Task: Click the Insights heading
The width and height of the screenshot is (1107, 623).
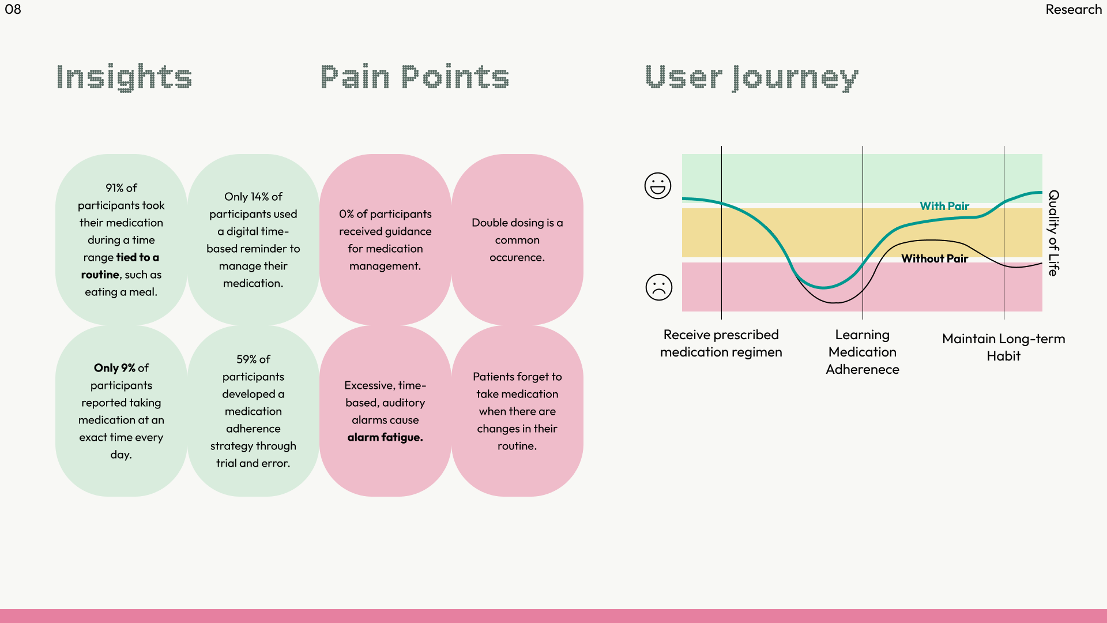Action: click(124, 77)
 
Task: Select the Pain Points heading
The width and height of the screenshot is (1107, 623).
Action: click(415, 77)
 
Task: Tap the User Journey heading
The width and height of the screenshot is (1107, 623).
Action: click(751, 77)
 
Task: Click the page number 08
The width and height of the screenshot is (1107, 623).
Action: click(13, 9)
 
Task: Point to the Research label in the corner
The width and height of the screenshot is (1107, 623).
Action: click(1074, 9)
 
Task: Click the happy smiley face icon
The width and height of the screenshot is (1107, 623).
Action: click(658, 186)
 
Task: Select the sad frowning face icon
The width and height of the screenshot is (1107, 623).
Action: click(659, 287)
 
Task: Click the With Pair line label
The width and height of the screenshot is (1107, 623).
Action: click(944, 206)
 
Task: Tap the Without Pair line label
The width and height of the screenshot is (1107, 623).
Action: click(935, 258)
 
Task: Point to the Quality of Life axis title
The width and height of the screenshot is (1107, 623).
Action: click(1053, 233)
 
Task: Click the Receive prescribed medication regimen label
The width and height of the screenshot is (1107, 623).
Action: click(721, 343)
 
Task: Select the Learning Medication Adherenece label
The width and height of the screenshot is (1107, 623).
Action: click(863, 352)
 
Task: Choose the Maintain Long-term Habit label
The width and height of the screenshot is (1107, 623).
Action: click(1004, 347)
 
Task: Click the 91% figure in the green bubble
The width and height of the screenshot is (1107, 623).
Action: click(114, 188)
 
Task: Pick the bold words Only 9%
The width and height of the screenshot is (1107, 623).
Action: click(114, 368)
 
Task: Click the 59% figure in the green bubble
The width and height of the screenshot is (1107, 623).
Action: click(246, 359)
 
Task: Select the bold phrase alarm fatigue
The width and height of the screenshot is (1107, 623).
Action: click(385, 437)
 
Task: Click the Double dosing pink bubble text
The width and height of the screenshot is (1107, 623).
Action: click(517, 239)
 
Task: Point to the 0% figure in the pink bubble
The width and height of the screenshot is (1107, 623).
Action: click(346, 214)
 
